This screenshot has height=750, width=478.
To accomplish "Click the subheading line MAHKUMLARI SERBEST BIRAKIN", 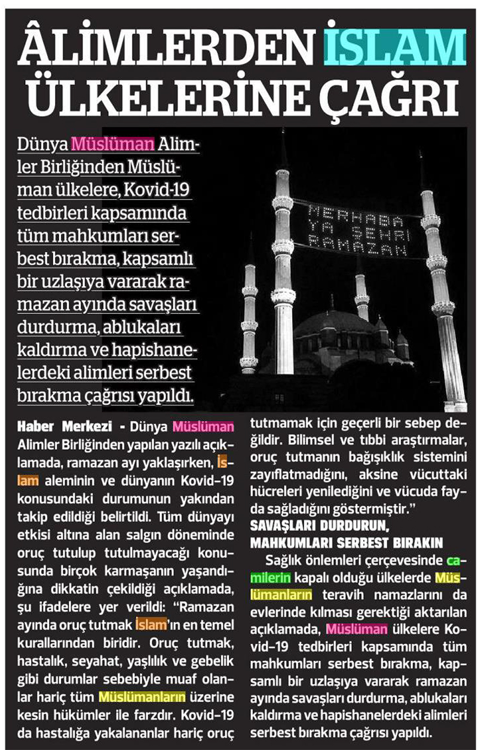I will click(347, 544).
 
